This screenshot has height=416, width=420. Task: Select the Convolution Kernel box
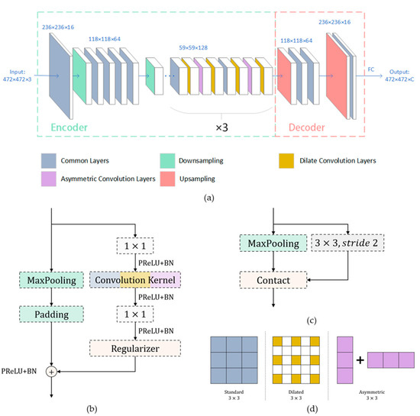coord(134,279)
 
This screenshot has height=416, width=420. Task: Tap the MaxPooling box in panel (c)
coord(274,243)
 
